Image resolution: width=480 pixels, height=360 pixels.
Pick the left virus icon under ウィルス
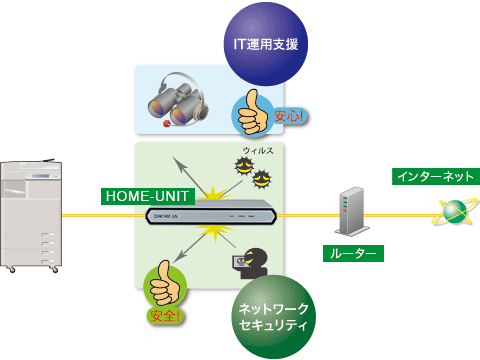coord(241,171)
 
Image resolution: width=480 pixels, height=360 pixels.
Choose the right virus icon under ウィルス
coord(263,180)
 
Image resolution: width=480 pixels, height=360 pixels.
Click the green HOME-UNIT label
coord(139,197)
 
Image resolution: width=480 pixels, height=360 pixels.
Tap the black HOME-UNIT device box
coord(210,214)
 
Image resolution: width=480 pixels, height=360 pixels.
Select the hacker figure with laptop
coord(249,263)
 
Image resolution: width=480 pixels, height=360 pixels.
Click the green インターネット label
coord(433,177)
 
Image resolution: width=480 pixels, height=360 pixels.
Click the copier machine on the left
coord(30,216)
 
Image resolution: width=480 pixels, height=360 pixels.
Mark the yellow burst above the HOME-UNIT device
coord(222,190)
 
